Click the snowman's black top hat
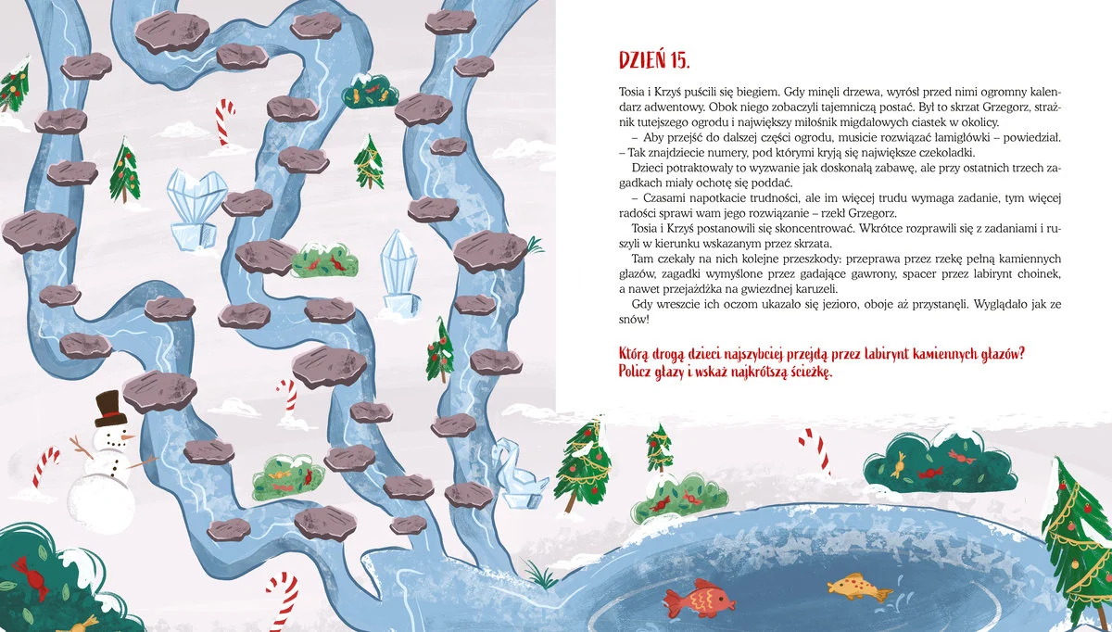(110, 409)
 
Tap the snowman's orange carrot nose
(128, 437)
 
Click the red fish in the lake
(699, 598)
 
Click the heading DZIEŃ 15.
(654, 60)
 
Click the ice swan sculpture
(519, 474)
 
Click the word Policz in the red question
(635, 372)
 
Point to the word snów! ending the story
(634, 319)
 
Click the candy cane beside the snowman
(45, 467)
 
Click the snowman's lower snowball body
(102, 502)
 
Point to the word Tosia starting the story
(631, 92)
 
